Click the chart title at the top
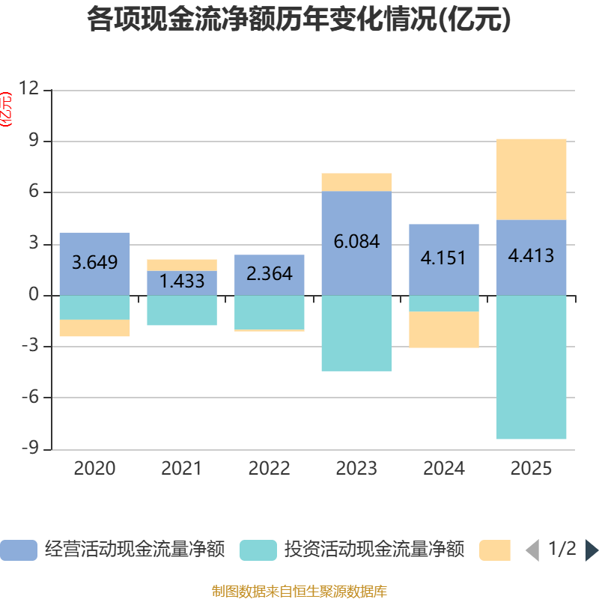pos(299,20)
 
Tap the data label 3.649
pos(94,263)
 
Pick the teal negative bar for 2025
pos(531,367)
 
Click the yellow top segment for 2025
pos(531,179)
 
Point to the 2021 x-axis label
pos(181,469)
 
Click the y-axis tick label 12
pos(28,90)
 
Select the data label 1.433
pos(182,282)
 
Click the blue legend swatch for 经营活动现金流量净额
pos(19,550)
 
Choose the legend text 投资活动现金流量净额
pos(374,550)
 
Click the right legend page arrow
pos(592,550)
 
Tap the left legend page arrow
pos(532,550)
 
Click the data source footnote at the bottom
pos(299,592)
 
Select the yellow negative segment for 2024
pos(444,329)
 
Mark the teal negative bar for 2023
pos(356,333)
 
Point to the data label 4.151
pos(443,258)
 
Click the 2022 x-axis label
pos(269,469)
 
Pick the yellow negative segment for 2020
pos(94,328)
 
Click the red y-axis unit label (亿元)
pos(7,109)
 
